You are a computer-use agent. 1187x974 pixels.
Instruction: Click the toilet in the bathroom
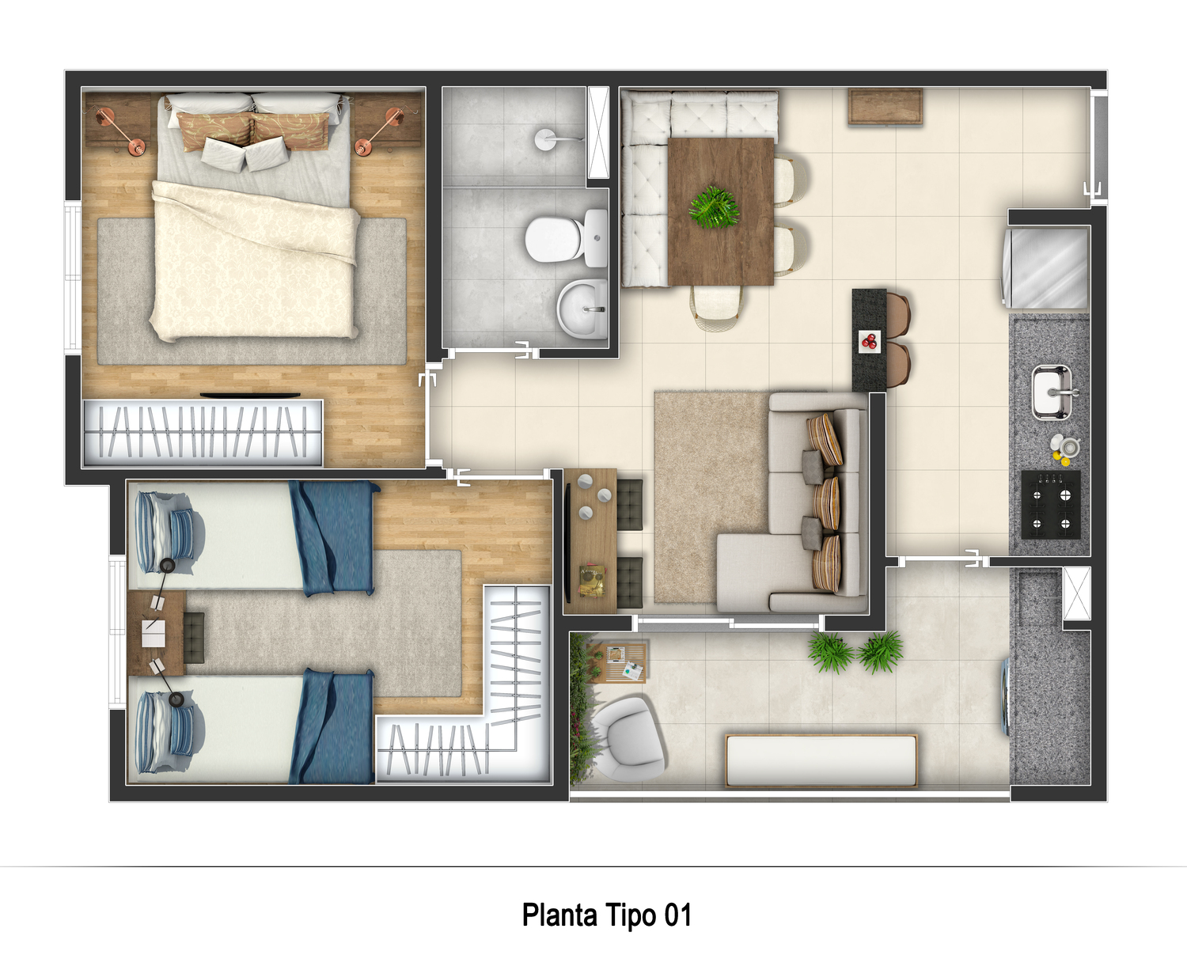[563, 237]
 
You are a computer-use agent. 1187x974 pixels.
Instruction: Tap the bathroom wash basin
[582, 309]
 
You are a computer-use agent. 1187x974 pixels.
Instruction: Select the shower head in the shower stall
[545, 138]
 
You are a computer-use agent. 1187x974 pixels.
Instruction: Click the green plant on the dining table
[715, 207]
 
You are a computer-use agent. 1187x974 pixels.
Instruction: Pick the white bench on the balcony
[821, 760]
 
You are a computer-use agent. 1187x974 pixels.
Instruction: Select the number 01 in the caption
[677, 915]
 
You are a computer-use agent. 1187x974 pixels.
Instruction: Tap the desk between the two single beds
[155, 634]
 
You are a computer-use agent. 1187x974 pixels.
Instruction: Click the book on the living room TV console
[592, 579]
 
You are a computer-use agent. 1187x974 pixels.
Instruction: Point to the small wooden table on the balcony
[625, 661]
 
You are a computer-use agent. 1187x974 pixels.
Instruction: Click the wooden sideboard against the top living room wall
[886, 107]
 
